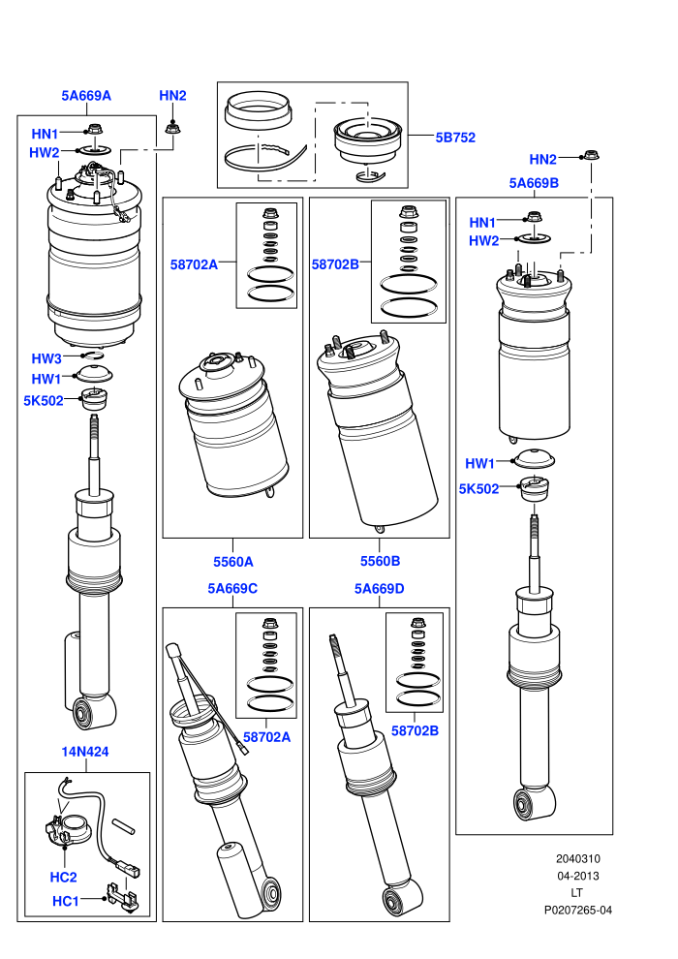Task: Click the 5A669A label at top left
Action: point(86,95)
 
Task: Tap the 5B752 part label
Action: point(455,138)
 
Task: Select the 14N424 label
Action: point(85,752)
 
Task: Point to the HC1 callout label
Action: point(66,901)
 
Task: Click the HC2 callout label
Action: point(64,877)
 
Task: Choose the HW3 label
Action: point(46,358)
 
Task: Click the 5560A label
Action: point(232,562)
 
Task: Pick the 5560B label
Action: point(381,561)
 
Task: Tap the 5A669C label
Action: point(232,588)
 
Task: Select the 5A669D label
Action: point(379,588)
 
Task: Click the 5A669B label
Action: point(534,183)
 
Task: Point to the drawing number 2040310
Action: point(577,858)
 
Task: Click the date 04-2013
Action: point(577,876)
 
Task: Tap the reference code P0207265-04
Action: point(577,910)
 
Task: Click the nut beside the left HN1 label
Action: point(94,130)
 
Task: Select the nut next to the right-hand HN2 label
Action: point(590,155)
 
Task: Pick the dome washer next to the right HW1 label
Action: point(535,459)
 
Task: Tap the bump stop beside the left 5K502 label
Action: point(94,401)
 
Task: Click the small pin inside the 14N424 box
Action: point(124,825)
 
